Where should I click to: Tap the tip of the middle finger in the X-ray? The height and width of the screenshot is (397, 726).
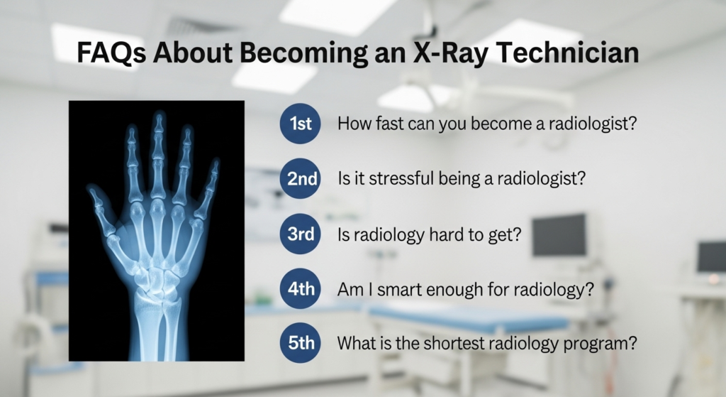click(x=158, y=118)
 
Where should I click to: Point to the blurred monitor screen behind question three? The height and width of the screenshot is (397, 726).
click(x=559, y=235)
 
